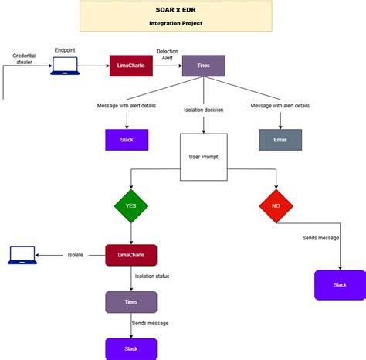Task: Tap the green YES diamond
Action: (130, 205)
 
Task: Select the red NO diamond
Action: (276, 205)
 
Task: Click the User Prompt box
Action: (204, 157)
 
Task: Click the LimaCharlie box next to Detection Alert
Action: (130, 66)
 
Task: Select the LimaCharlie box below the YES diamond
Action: (130, 255)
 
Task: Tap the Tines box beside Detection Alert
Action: (203, 66)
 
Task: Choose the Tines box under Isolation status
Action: (130, 302)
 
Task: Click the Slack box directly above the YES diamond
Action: (126, 139)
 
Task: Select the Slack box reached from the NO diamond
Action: (340, 284)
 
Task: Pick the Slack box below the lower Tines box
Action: (130, 349)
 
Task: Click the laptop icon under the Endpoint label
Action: (65, 66)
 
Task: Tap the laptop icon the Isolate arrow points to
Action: (22, 254)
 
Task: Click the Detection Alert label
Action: (167, 55)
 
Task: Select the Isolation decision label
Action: (204, 110)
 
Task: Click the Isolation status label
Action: (152, 276)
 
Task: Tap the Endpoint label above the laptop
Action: (65, 49)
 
